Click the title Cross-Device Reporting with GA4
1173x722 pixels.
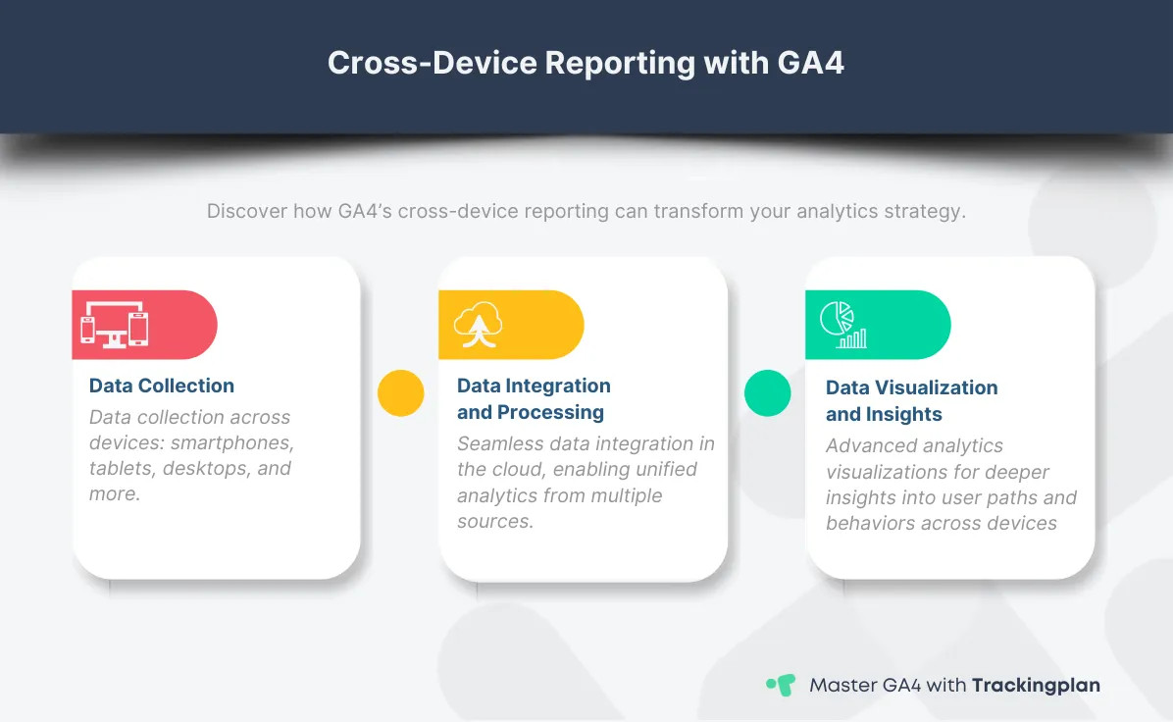[x=586, y=62]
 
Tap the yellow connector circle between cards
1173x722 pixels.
[x=401, y=393]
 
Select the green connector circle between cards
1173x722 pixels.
[x=768, y=393]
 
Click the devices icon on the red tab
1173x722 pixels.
[x=115, y=324]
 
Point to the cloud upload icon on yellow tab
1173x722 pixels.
[x=479, y=325]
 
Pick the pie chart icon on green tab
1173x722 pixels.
[x=842, y=325]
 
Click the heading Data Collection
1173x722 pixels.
[x=162, y=386]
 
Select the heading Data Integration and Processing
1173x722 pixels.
[x=534, y=398]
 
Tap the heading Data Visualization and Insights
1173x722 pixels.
[x=911, y=400]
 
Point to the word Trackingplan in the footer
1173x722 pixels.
[x=1036, y=685]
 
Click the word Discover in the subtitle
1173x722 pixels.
[x=246, y=211]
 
